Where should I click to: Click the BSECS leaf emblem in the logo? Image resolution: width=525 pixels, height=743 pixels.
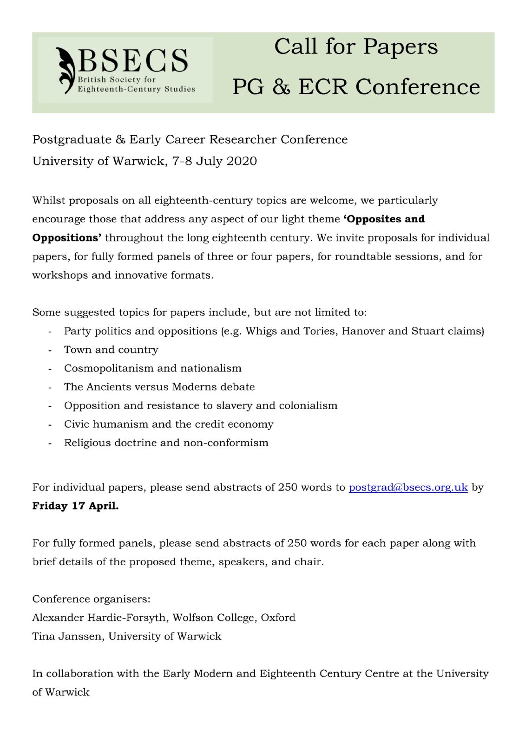tap(66, 70)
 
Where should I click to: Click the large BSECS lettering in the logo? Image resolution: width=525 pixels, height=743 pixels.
tap(133, 60)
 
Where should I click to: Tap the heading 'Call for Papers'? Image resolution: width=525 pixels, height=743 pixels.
tap(356, 46)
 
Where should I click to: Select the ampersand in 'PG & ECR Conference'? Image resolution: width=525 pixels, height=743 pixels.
tap(281, 87)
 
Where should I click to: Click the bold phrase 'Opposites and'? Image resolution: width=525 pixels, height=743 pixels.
tap(384, 219)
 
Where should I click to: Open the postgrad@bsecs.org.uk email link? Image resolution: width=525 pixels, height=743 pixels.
tap(408, 487)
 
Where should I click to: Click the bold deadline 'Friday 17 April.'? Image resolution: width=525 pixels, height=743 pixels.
tap(75, 506)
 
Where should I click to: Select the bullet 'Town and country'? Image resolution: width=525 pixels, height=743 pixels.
tap(111, 350)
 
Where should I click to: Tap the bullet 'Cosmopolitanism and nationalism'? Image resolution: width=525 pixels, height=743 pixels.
tap(152, 368)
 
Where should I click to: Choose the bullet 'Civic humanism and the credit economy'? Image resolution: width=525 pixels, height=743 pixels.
tap(169, 424)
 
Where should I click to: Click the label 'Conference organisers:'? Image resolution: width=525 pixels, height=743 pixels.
tap(91, 599)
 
